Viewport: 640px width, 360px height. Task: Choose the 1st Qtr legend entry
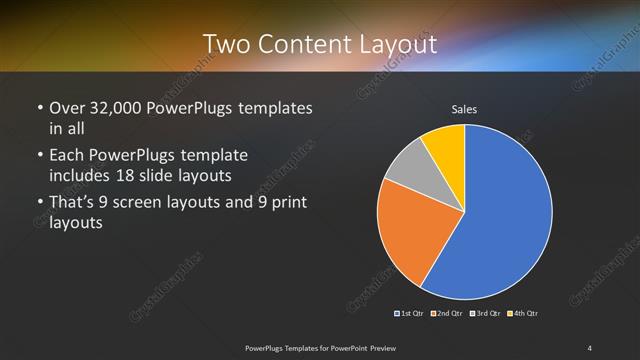tap(411, 314)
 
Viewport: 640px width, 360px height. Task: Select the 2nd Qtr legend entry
tap(448, 314)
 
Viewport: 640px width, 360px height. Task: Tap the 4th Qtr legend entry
tap(524, 314)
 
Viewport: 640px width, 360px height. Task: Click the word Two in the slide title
tap(226, 44)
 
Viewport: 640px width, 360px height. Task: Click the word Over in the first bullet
tap(67, 107)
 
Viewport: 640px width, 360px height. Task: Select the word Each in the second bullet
tap(67, 155)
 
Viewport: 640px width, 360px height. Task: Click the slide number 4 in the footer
tap(590, 347)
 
